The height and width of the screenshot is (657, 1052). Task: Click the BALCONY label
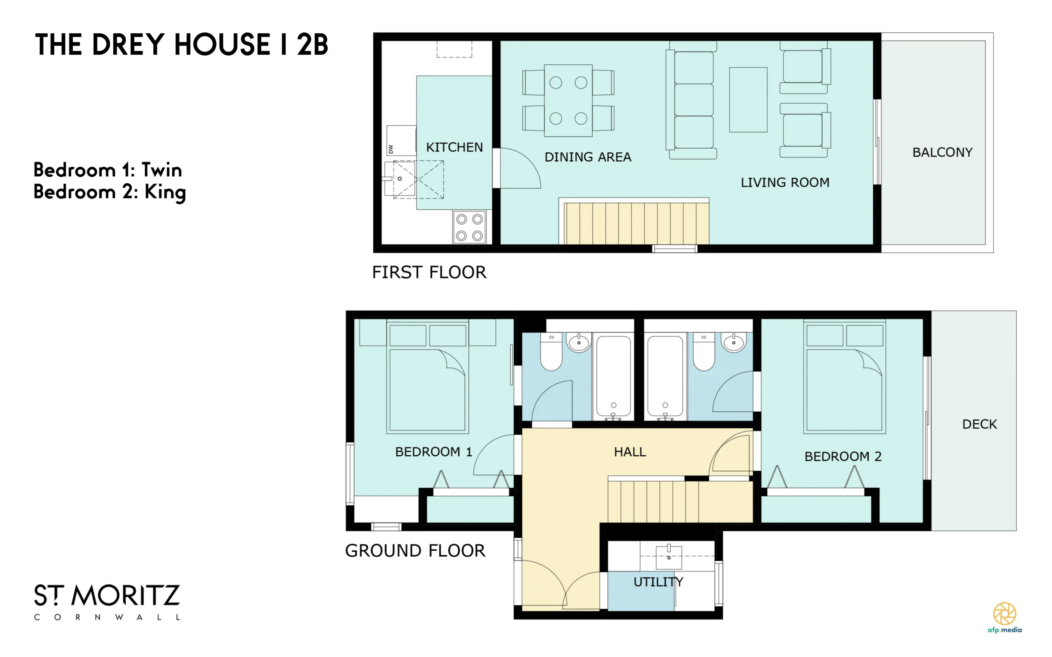[942, 152]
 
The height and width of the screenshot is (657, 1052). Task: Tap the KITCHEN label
[454, 148]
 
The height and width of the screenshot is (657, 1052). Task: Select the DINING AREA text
[588, 157]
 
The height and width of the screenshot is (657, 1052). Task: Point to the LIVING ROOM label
[785, 182]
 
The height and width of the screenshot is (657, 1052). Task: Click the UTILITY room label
[658, 582]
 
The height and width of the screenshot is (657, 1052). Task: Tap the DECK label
[979, 424]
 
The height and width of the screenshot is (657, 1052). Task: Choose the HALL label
[630, 452]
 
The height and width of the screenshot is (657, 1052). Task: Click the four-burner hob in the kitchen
[469, 227]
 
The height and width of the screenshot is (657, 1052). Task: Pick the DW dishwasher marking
[391, 149]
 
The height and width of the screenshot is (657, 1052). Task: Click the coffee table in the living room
[748, 99]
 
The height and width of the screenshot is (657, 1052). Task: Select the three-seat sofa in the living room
[691, 100]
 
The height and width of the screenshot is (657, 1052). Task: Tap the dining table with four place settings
[568, 100]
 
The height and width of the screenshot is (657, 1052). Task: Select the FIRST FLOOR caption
[429, 272]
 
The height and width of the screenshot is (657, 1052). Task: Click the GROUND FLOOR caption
[415, 551]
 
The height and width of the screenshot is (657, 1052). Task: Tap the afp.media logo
[1004, 618]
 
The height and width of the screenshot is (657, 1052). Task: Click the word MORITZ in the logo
[126, 596]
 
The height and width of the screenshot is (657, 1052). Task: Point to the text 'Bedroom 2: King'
[109, 192]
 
